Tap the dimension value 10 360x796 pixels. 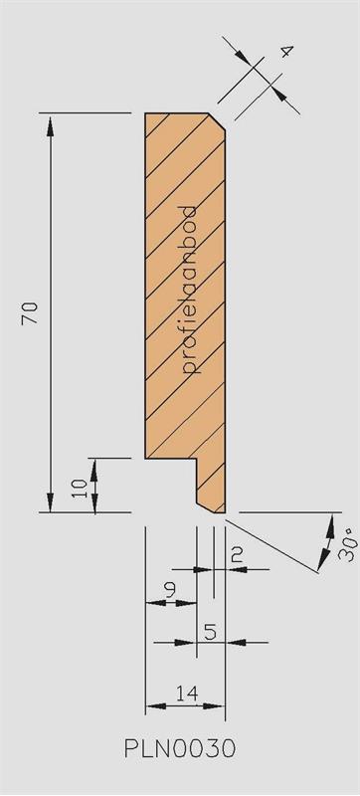click(x=81, y=488)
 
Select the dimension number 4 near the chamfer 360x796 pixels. click(x=286, y=52)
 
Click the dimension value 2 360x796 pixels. click(x=236, y=555)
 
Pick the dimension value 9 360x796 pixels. click(x=170, y=589)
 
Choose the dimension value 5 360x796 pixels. click(x=211, y=632)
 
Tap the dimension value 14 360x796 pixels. click(x=186, y=693)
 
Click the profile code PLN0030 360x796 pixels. click(x=180, y=748)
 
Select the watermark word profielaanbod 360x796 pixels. click(x=189, y=290)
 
